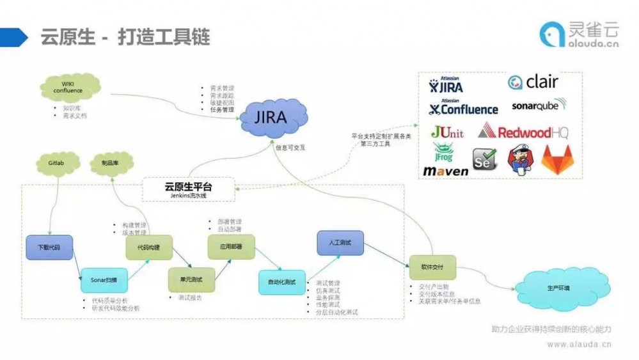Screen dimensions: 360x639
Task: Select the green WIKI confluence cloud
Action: point(72,88)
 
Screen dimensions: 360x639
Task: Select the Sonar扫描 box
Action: point(104,279)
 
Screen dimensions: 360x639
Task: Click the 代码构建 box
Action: point(148,247)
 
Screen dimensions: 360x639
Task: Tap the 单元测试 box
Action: point(190,279)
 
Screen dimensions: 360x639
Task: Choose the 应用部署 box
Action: point(231,246)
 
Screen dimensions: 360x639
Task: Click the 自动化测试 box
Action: point(282,282)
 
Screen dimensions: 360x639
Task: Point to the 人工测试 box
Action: point(340,243)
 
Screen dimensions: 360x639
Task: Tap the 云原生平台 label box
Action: point(188,189)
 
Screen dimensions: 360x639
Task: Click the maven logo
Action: point(446,171)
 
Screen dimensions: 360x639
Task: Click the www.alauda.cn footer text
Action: point(579,343)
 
